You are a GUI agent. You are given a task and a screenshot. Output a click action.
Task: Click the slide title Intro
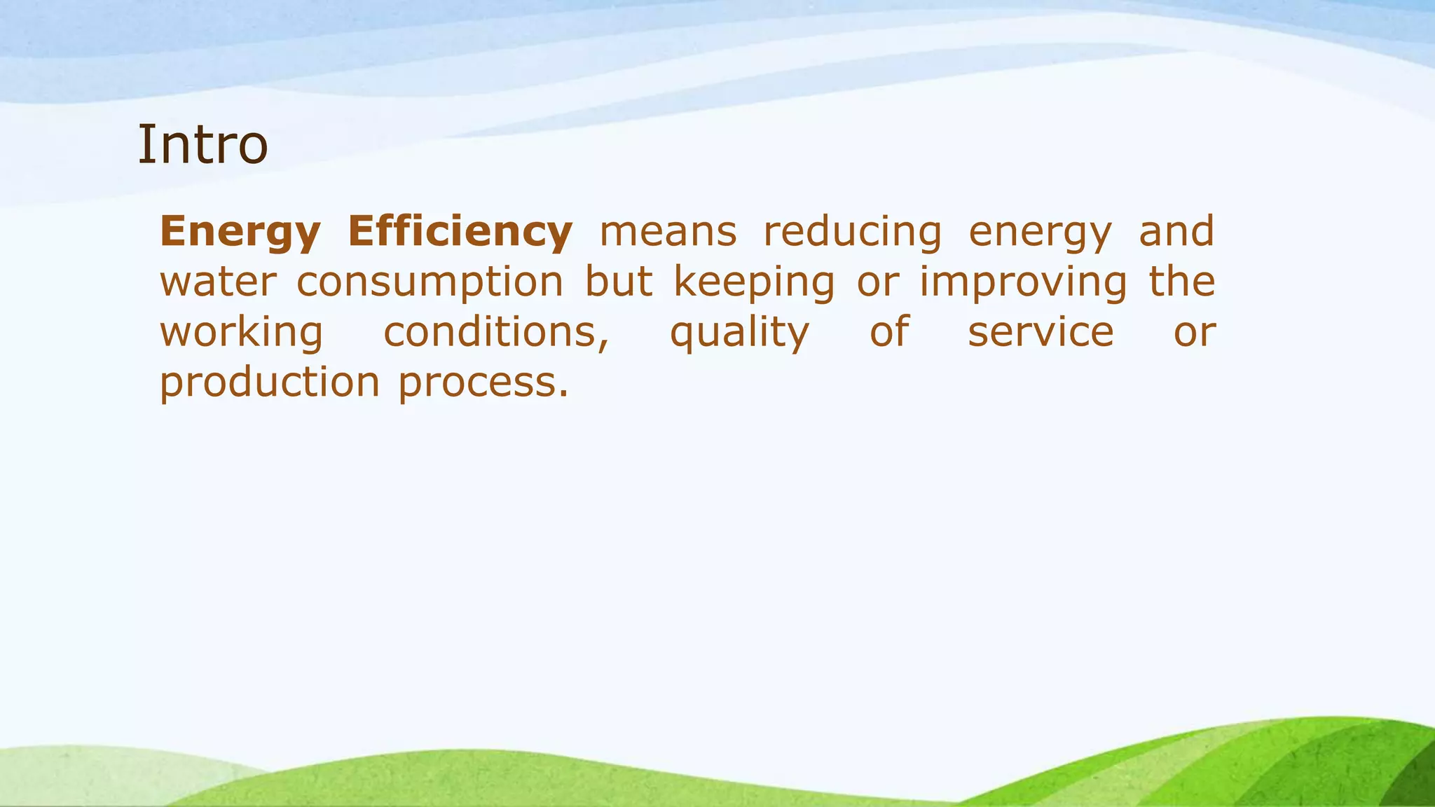[x=202, y=145]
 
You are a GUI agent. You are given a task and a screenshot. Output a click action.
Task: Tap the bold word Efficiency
[x=460, y=232]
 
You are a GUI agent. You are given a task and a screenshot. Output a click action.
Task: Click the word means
[x=668, y=232]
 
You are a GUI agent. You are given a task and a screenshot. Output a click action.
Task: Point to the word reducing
[x=852, y=232]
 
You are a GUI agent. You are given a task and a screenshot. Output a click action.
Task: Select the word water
[x=218, y=282]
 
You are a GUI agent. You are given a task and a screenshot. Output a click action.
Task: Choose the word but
[x=619, y=282]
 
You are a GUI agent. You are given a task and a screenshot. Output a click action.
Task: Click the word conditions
[x=495, y=333]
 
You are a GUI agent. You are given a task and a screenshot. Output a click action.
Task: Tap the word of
[x=889, y=331]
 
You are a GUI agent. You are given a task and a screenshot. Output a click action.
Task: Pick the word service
[x=1041, y=333]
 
